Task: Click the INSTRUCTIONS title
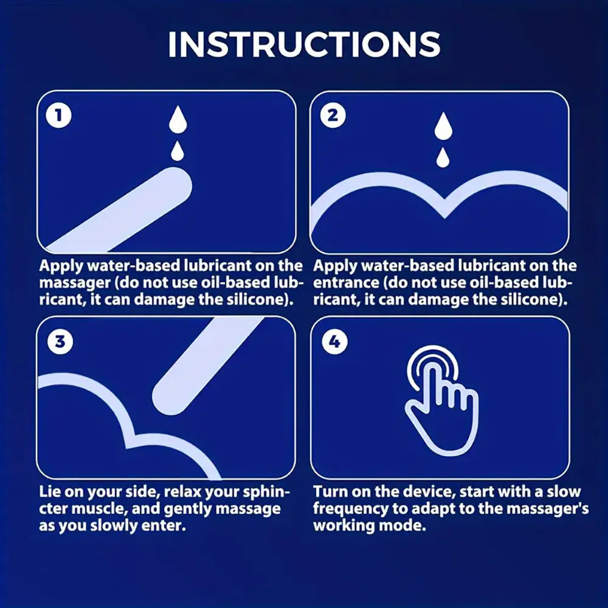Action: point(303,44)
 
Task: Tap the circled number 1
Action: point(58,116)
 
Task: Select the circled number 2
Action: point(332,116)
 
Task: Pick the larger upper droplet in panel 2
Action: point(444,126)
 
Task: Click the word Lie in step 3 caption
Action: point(50,491)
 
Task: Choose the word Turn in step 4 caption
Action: point(330,491)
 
